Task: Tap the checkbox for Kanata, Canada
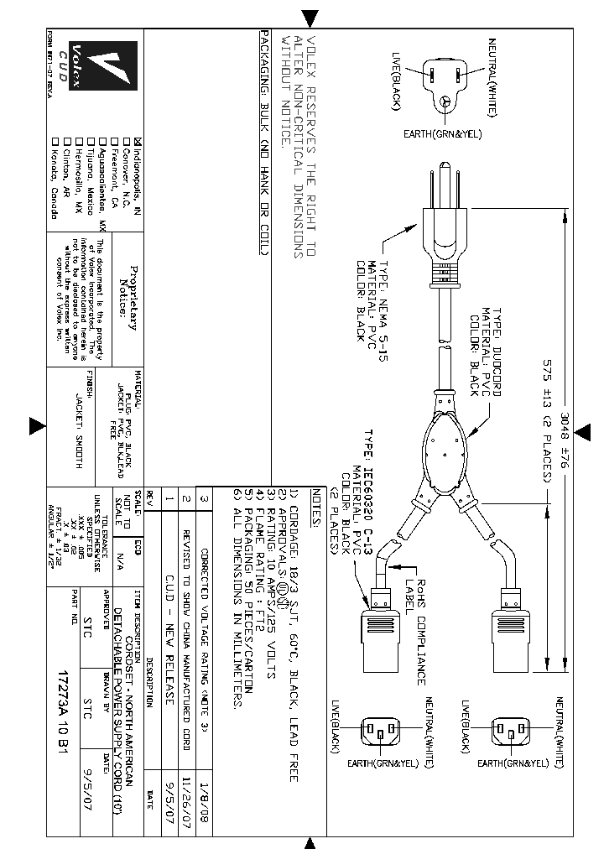coord(55,141)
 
